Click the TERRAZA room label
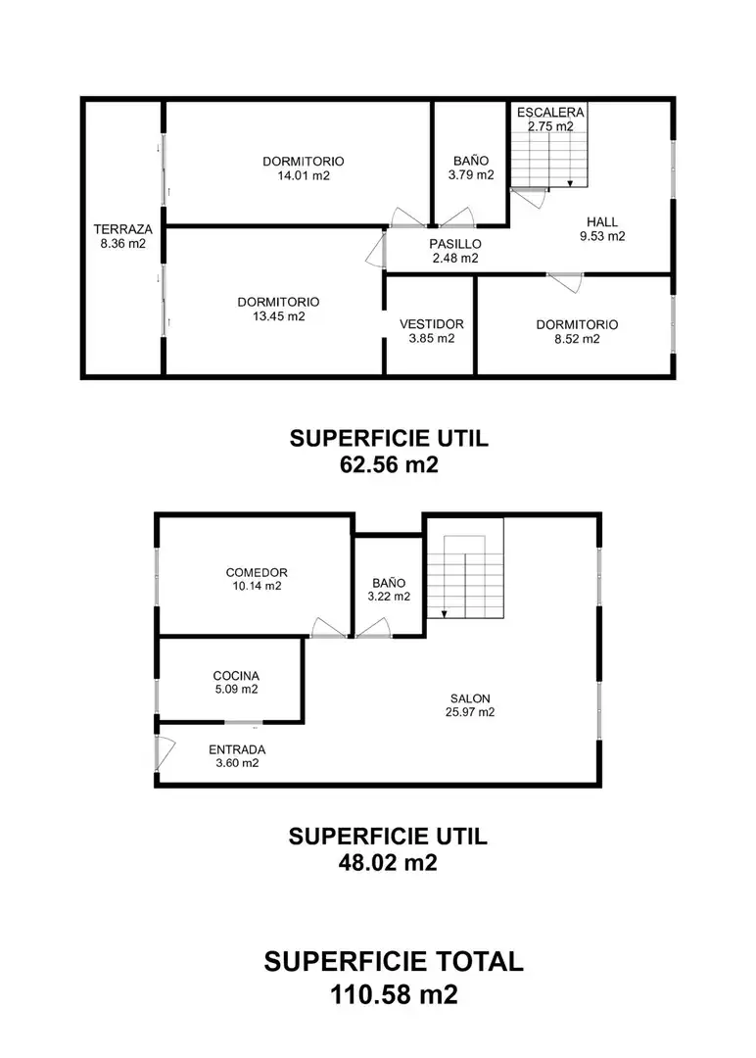point(122,229)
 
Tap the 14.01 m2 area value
point(304,176)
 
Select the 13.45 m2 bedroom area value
point(278,316)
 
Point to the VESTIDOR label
point(432,324)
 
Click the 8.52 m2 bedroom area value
point(578,339)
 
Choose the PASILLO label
point(455,244)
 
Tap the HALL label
point(602,222)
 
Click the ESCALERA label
point(550,112)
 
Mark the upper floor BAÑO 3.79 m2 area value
point(471,175)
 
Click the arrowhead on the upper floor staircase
point(570,182)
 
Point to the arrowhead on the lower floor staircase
point(446,614)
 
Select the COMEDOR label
point(257,573)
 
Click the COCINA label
point(236,676)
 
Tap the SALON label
point(470,699)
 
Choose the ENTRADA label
point(237,749)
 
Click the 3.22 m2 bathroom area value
point(389,597)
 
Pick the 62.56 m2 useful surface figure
point(389,464)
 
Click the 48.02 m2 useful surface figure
point(388,862)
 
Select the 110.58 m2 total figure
point(394,994)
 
